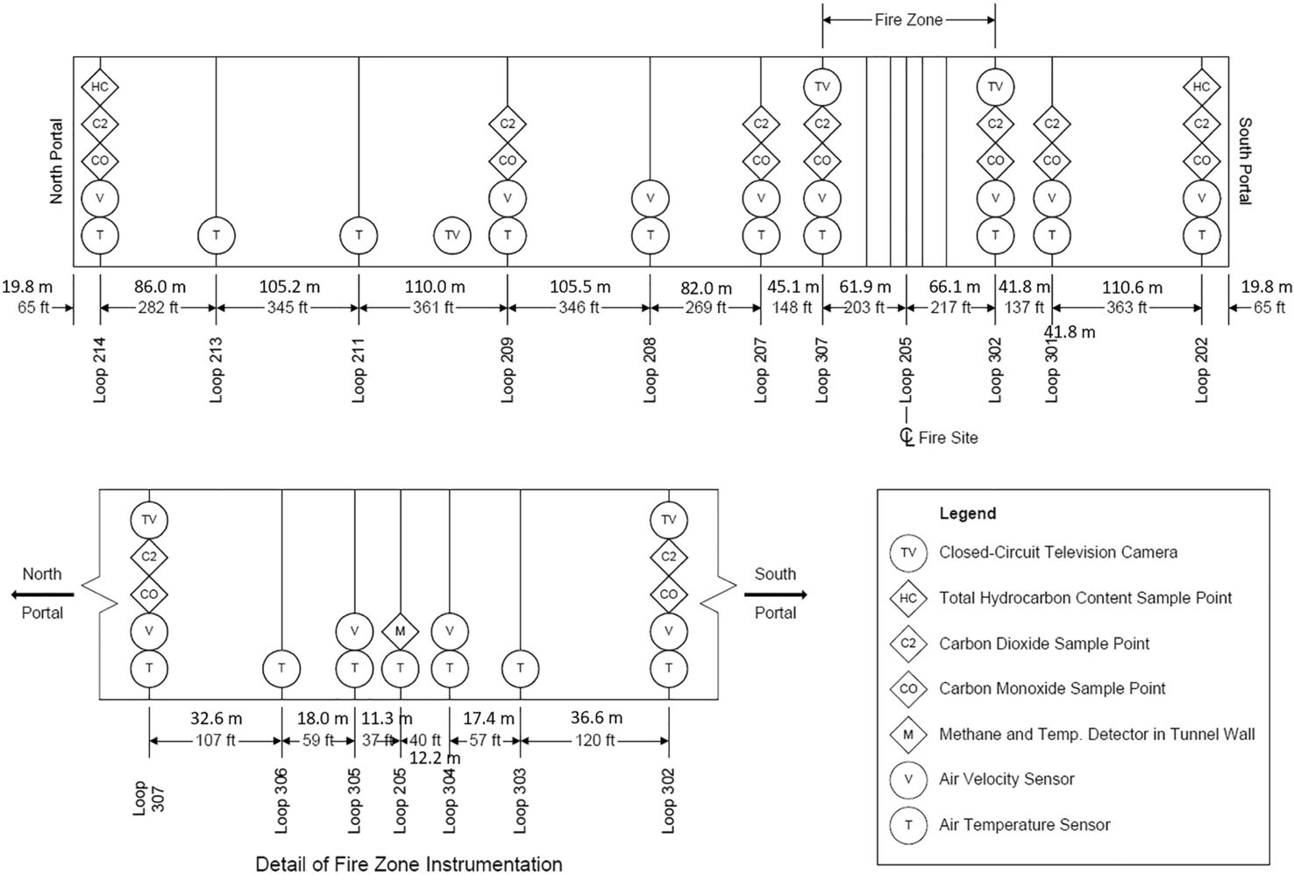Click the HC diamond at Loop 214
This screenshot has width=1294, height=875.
[x=100, y=87]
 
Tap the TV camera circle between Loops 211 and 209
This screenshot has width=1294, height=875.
[x=452, y=235]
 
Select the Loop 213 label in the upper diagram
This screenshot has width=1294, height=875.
[x=217, y=369]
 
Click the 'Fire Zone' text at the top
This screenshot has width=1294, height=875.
[x=908, y=19]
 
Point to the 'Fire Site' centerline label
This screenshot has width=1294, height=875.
[x=947, y=437]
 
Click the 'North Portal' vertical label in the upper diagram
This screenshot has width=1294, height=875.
[x=57, y=161]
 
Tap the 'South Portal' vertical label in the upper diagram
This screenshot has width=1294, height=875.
[x=1245, y=161]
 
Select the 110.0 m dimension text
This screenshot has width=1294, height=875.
[x=434, y=287]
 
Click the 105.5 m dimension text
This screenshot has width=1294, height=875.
[x=579, y=287]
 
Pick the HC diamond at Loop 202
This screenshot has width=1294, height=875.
[x=1201, y=87]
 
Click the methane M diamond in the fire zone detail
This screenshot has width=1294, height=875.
[x=401, y=631]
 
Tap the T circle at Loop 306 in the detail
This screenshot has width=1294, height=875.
[x=281, y=668]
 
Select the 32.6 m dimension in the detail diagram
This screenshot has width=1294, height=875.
[x=216, y=718]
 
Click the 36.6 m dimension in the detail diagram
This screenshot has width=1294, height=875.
[x=596, y=718]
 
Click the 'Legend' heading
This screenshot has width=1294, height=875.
[x=968, y=514]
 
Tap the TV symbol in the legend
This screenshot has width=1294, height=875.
[x=908, y=553]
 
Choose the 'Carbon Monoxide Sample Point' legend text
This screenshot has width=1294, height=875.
[x=1052, y=688]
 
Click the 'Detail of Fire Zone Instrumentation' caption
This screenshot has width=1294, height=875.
[x=409, y=864]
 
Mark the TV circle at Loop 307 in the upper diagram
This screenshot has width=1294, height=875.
[x=821, y=87]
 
